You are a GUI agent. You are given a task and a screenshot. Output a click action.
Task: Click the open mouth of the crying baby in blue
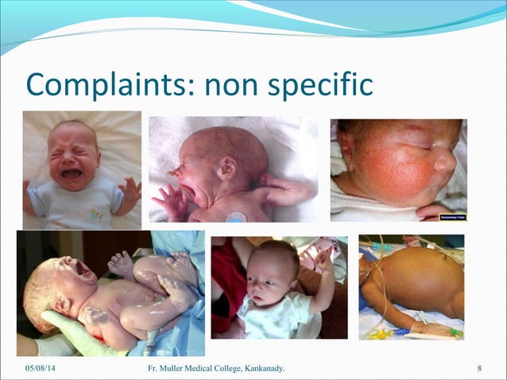point(72,173)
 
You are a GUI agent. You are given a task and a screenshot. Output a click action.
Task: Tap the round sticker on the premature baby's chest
point(237,216)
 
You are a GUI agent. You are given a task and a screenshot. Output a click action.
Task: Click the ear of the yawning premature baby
point(228,167)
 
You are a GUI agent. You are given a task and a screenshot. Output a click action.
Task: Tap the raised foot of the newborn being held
point(122,262)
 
